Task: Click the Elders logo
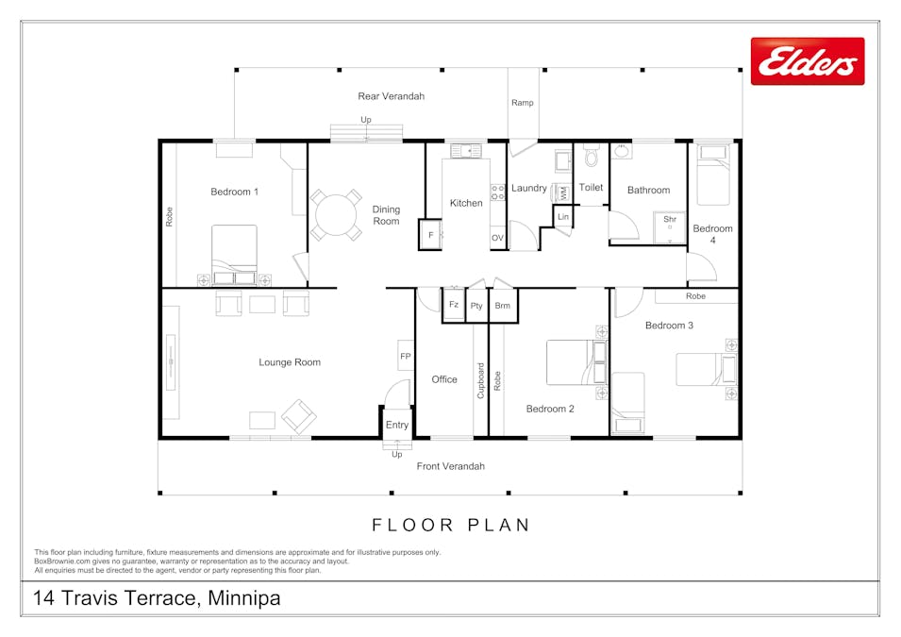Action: (x=807, y=61)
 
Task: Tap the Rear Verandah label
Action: (x=391, y=96)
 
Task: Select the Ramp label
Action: (x=522, y=103)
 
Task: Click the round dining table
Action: (x=337, y=215)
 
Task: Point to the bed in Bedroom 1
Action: (x=234, y=250)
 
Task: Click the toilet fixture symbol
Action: (x=592, y=154)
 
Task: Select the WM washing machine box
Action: (x=563, y=193)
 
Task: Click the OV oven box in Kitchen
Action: (x=497, y=238)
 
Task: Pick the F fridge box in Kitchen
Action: (x=430, y=235)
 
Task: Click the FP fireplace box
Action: (x=406, y=356)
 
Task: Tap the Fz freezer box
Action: (x=454, y=305)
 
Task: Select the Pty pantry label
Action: (x=477, y=306)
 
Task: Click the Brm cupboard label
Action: (x=503, y=306)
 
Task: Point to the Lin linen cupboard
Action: (x=563, y=218)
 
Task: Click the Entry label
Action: (x=397, y=425)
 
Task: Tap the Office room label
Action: (x=444, y=379)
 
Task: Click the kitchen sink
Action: (x=466, y=150)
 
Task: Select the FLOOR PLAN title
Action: (x=451, y=525)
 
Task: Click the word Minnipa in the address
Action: (x=243, y=598)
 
